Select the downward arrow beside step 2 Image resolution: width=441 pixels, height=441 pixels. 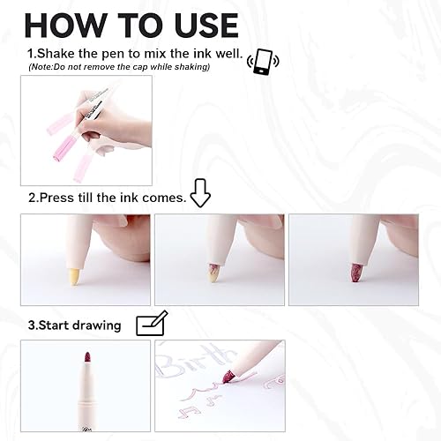(201, 193)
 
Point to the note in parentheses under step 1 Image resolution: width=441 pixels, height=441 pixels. (119, 67)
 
